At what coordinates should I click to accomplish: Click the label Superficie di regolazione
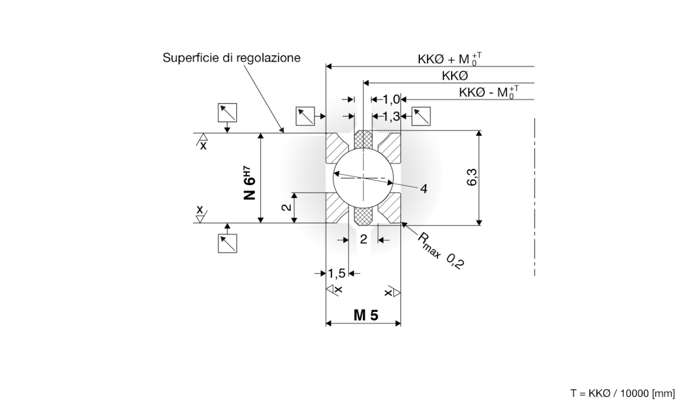(232, 58)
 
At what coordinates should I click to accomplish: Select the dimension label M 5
(365, 315)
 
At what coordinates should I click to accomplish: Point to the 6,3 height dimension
(473, 177)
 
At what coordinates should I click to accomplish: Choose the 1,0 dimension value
(391, 99)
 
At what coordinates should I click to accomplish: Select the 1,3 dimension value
(391, 116)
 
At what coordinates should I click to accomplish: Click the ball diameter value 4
(423, 188)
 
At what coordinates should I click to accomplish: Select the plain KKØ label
(454, 76)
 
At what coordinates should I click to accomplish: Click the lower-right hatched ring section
(391, 210)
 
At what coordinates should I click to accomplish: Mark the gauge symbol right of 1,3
(422, 116)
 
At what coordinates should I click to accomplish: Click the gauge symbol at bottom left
(227, 243)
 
